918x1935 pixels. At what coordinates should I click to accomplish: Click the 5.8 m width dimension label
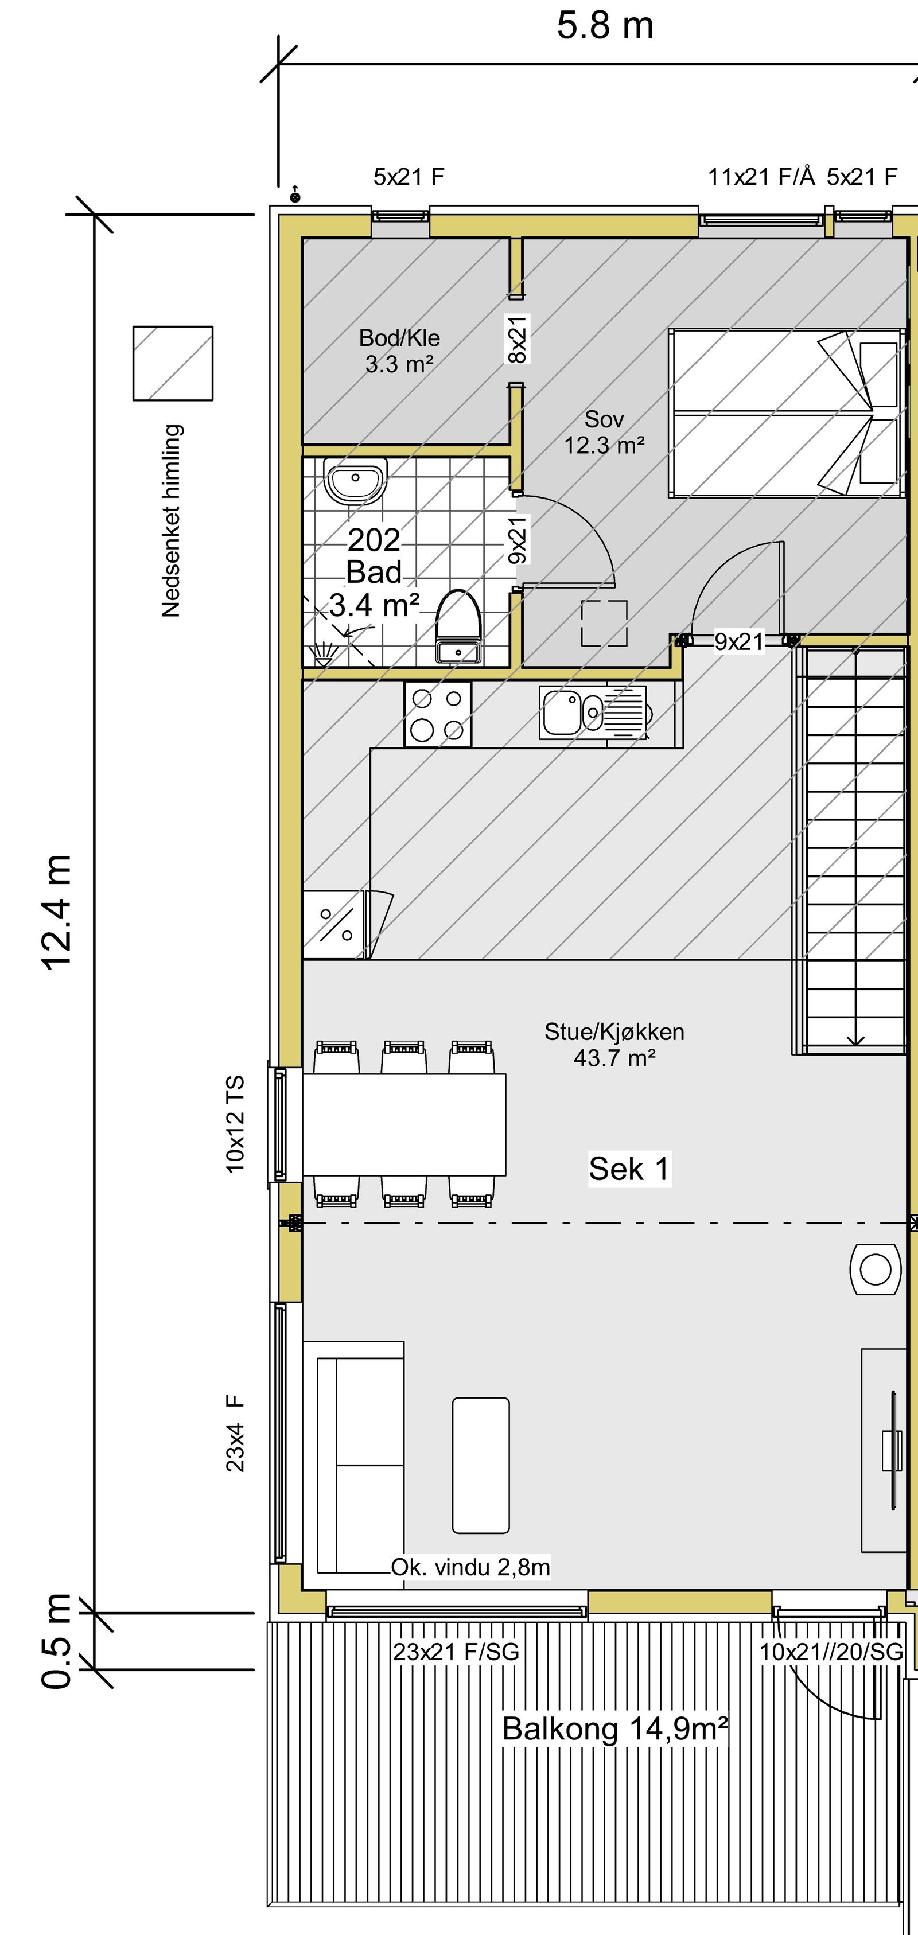click(x=605, y=26)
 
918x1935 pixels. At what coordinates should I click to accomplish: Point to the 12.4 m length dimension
click(x=58, y=912)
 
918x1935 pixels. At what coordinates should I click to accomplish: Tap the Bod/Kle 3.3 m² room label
click(x=399, y=351)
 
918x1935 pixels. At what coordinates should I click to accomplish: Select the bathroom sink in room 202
click(x=355, y=481)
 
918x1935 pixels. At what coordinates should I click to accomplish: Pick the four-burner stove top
click(x=437, y=714)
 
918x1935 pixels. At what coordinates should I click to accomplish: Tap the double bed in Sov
click(x=785, y=413)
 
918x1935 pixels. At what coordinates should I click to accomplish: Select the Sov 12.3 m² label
click(x=604, y=432)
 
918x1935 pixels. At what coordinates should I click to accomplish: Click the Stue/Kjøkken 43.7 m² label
click(x=614, y=1045)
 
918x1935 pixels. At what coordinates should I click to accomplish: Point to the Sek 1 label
click(x=629, y=1169)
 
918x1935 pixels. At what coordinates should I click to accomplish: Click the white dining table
click(x=403, y=1124)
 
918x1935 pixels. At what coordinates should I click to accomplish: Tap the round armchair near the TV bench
click(x=874, y=1270)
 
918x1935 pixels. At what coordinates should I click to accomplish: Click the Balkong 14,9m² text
click(x=614, y=1728)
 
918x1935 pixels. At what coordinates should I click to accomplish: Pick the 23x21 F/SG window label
click(x=455, y=1652)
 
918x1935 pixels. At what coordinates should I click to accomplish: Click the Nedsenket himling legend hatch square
click(x=173, y=364)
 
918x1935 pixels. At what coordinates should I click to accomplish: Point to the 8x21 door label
click(x=518, y=340)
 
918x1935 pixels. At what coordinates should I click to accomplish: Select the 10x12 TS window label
click(x=235, y=1124)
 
